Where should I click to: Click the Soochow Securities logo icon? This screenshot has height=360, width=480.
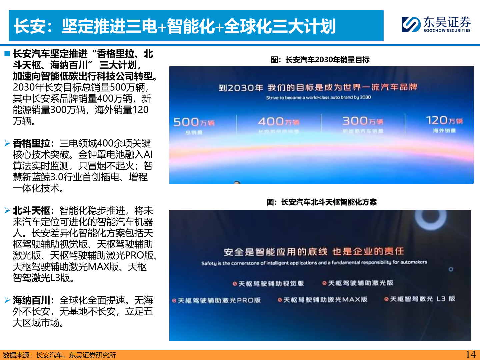click(411, 24)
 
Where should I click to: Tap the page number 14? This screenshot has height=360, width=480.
click(470, 354)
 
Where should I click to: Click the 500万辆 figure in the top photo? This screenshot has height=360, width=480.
click(194, 122)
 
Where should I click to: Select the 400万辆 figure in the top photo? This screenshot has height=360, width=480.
click(279, 122)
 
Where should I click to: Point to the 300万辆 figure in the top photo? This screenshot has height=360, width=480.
click(363, 121)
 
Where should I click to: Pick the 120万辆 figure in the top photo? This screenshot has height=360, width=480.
click(444, 120)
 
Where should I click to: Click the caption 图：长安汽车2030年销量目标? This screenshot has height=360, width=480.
click(320, 60)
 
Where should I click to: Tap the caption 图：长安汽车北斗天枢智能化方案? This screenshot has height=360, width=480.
click(321, 202)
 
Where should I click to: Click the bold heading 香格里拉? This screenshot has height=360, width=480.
click(31, 144)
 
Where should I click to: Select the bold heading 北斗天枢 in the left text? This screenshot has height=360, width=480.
click(31, 211)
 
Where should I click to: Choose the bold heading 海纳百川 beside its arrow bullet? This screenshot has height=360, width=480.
click(31, 300)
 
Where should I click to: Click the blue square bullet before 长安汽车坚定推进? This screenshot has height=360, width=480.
click(7, 54)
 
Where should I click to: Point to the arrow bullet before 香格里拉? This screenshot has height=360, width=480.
click(7, 144)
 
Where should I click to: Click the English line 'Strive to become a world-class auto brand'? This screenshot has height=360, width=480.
click(318, 98)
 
